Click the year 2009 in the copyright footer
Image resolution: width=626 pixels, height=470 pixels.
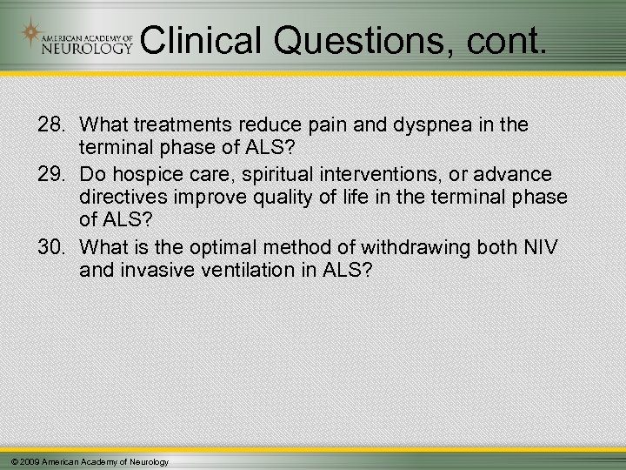tap(29, 461)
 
